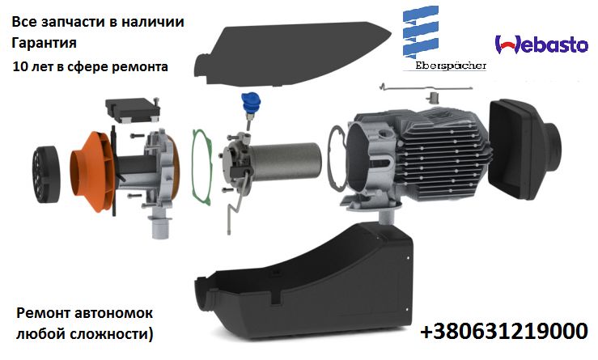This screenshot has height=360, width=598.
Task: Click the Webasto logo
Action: click(541, 45)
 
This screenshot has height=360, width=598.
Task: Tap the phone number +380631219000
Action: click(503, 332)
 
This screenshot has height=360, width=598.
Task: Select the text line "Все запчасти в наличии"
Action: click(98, 22)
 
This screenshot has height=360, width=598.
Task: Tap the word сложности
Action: click(111, 332)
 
